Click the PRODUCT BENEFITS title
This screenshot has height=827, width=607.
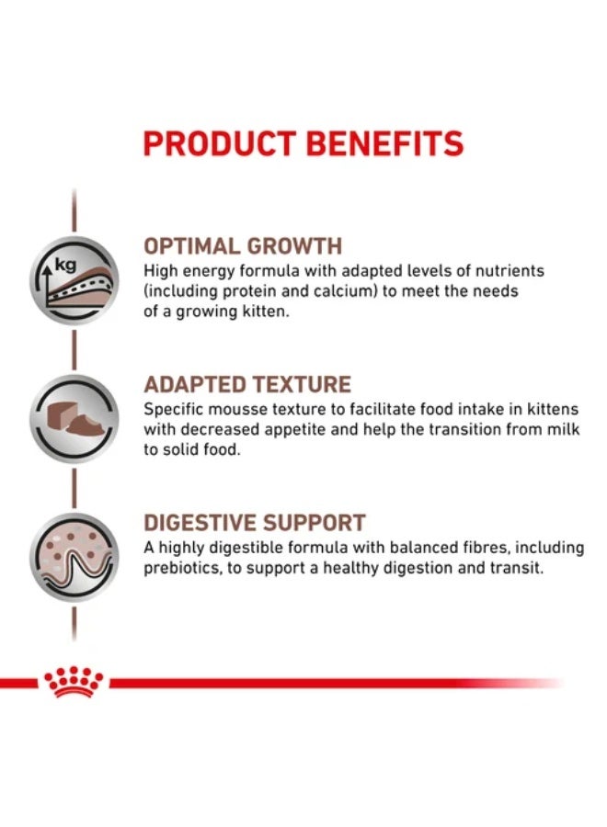click(x=303, y=144)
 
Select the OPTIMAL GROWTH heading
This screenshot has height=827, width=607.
click(x=243, y=246)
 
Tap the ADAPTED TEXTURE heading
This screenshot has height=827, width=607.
click(x=247, y=384)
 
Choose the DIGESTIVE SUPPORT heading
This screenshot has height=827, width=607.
click(x=254, y=523)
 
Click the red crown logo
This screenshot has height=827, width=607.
click(x=74, y=682)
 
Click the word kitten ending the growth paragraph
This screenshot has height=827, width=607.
click(x=291, y=312)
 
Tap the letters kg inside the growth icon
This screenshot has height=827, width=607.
click(x=64, y=266)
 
